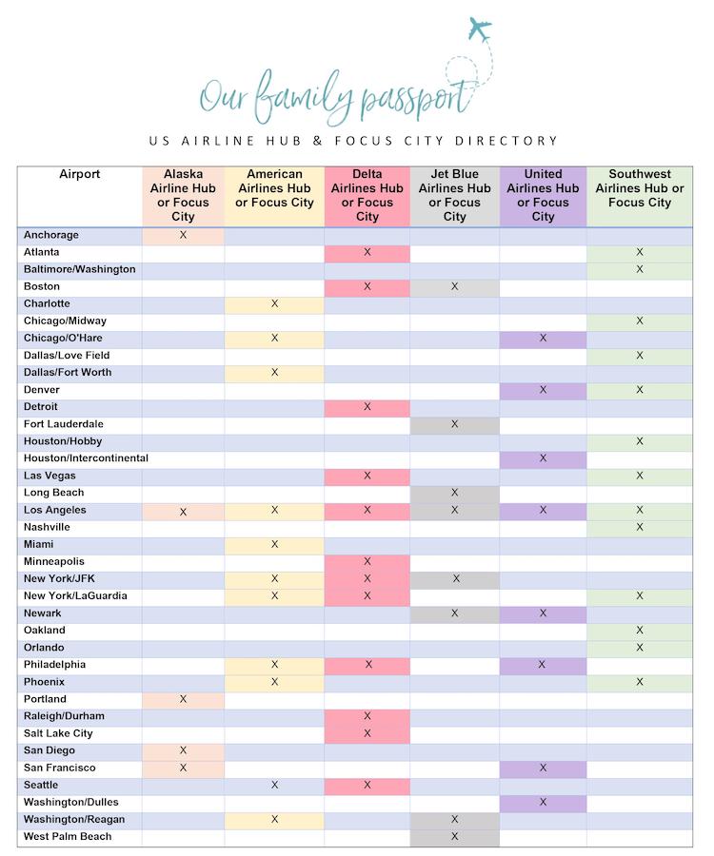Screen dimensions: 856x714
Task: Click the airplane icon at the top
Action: (x=480, y=29)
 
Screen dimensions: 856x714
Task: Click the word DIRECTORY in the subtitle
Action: (x=505, y=141)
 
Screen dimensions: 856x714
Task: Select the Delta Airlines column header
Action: (x=367, y=195)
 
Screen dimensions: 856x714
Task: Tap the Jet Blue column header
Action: (x=454, y=195)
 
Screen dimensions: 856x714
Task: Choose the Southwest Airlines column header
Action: (x=640, y=188)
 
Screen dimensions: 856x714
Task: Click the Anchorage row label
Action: (x=51, y=235)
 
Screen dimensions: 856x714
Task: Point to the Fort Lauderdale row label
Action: (x=64, y=424)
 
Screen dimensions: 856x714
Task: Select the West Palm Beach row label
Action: (x=68, y=837)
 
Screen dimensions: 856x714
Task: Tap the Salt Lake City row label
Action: (x=59, y=733)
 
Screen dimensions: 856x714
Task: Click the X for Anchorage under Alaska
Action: (x=184, y=235)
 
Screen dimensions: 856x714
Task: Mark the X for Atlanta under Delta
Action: (x=367, y=252)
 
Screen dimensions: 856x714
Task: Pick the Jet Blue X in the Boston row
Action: (x=455, y=286)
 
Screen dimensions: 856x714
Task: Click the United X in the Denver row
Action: (x=544, y=390)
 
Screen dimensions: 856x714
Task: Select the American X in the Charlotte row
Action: (x=275, y=303)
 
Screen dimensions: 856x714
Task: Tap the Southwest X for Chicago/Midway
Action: (x=640, y=321)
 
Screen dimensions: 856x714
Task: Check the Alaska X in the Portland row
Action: (x=184, y=699)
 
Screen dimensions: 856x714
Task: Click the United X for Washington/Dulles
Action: (x=544, y=802)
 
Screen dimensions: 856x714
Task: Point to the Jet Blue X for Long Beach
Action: (x=455, y=493)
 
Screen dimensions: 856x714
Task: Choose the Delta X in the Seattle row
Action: (x=367, y=785)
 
